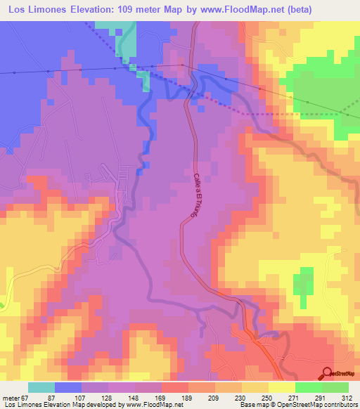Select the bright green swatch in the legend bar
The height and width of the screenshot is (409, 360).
tap(308, 387)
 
